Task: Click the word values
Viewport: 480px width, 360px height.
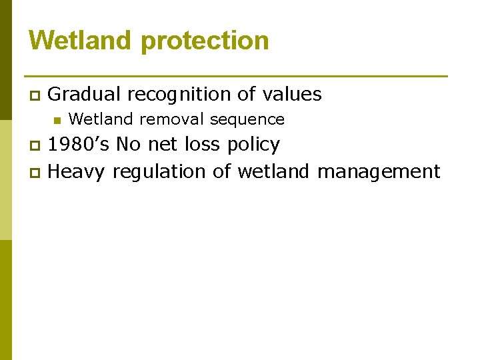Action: pos(292,95)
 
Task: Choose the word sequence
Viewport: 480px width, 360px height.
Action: pos(247,120)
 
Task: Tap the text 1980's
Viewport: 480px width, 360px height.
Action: pos(79,145)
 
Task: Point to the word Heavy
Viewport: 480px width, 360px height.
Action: pos(77,172)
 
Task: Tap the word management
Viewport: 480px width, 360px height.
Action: pos(379,173)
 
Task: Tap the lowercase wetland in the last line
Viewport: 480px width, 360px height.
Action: pos(273,172)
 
